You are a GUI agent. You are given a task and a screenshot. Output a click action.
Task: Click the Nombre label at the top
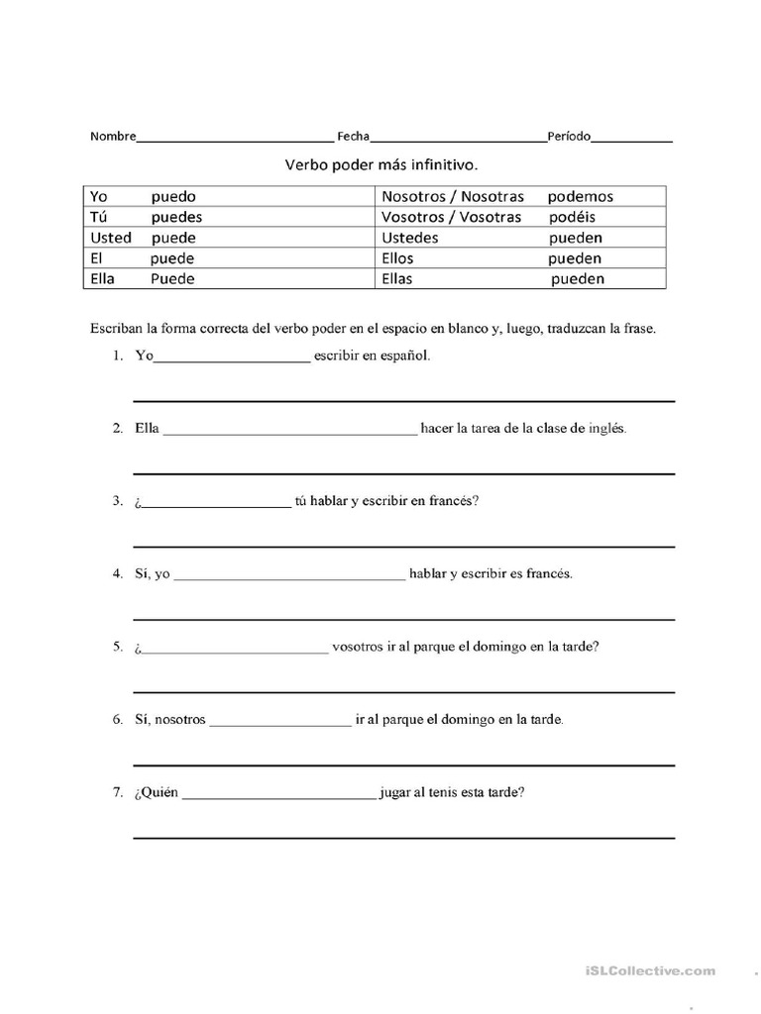click(113, 137)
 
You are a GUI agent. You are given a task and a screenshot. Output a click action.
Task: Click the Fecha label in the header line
click(353, 137)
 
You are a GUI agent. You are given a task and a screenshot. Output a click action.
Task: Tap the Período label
click(569, 137)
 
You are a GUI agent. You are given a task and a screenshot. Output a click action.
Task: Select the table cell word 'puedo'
click(173, 197)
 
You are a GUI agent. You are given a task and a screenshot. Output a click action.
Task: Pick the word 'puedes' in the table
click(176, 217)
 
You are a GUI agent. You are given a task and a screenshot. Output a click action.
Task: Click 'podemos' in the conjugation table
click(581, 197)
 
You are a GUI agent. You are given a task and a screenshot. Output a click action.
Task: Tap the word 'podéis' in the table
click(572, 217)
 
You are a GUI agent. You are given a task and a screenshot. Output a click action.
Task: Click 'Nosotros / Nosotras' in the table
click(452, 197)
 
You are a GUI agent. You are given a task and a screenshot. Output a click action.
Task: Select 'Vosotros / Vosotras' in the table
click(451, 217)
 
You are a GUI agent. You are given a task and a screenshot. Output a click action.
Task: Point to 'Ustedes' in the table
click(410, 238)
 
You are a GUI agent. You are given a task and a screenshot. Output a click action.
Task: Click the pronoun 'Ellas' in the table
click(397, 279)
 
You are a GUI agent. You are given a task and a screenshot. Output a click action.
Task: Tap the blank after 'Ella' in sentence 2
click(289, 431)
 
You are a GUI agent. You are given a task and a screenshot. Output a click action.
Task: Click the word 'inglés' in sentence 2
click(606, 429)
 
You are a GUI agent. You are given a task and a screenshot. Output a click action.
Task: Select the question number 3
click(116, 501)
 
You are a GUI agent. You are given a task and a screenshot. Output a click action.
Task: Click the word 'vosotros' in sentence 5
click(358, 647)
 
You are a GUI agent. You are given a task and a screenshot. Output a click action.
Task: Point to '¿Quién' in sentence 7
click(156, 792)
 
